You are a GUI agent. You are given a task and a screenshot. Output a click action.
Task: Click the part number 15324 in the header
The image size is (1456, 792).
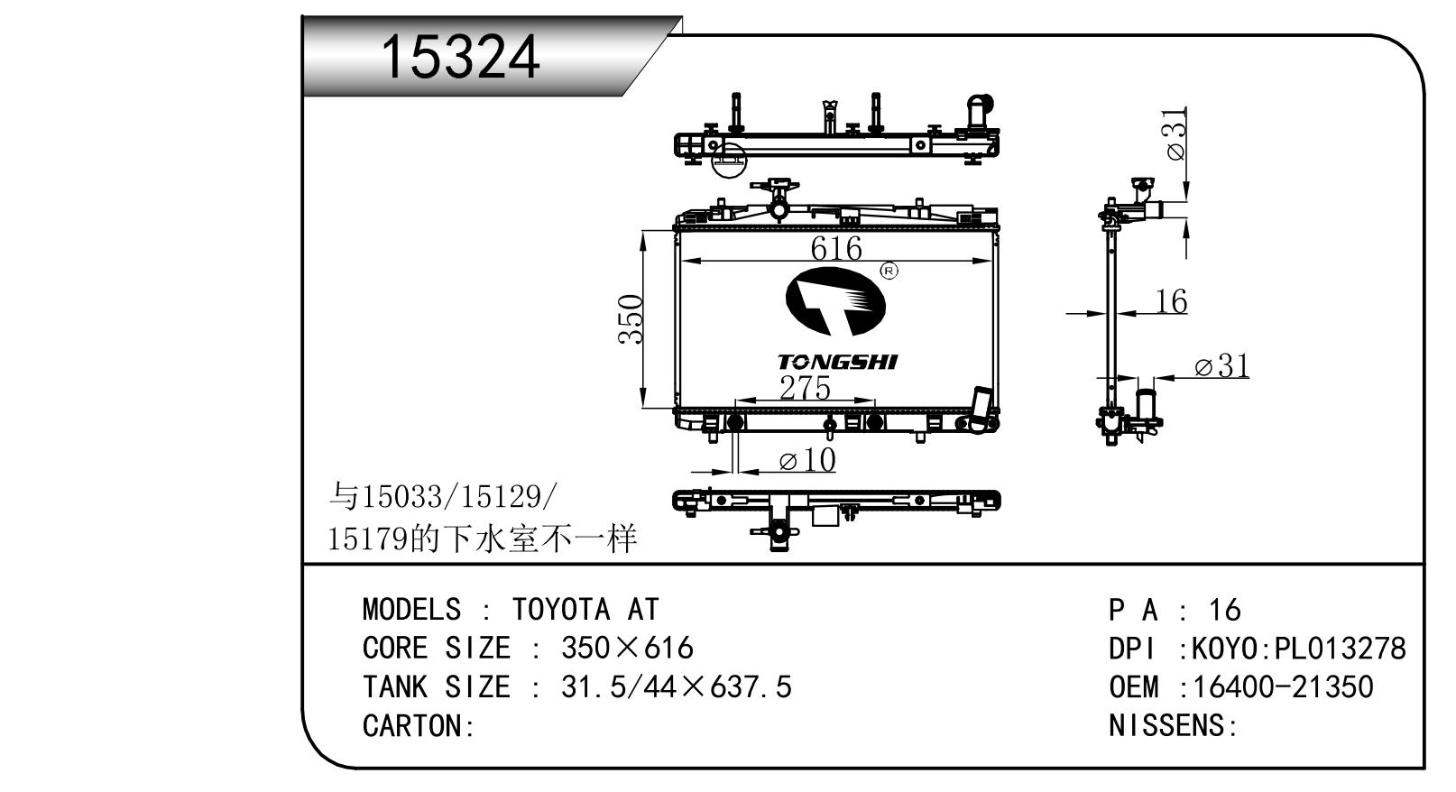460,57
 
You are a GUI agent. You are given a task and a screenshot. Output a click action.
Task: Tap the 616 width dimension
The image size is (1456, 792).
836,248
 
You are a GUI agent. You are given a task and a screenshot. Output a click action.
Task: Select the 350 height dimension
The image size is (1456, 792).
631,318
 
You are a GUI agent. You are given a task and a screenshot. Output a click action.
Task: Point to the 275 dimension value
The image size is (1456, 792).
806,388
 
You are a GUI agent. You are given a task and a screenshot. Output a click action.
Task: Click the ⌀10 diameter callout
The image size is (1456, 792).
806,460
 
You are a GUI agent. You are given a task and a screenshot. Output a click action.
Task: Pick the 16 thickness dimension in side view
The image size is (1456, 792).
1171,300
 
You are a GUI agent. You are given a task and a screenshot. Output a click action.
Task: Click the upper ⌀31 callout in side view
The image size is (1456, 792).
1176,134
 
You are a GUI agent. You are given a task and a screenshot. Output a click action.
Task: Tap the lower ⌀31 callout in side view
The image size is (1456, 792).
1222,366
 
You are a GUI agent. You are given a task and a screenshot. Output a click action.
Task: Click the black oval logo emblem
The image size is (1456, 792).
836,300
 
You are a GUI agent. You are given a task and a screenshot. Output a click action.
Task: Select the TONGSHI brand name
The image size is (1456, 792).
837,362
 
